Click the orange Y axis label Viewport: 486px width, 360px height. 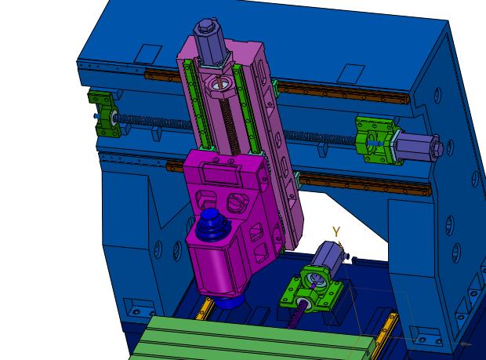[336, 231]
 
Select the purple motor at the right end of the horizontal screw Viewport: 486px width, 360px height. [419, 147]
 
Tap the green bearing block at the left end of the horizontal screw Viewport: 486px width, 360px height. [105, 114]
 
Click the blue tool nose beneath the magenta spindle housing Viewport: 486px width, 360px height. [230, 300]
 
